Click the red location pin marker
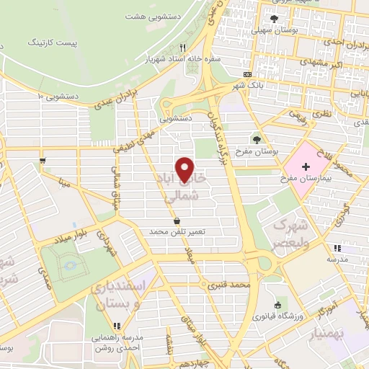[x=186, y=170]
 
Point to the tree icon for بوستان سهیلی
[x=272, y=19]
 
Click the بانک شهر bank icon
[x=248, y=74]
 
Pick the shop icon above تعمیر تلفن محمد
[x=177, y=221]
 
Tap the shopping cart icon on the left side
[x=44, y=159]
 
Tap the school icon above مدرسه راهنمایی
[x=117, y=326]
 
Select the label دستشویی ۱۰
[x=51, y=96]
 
